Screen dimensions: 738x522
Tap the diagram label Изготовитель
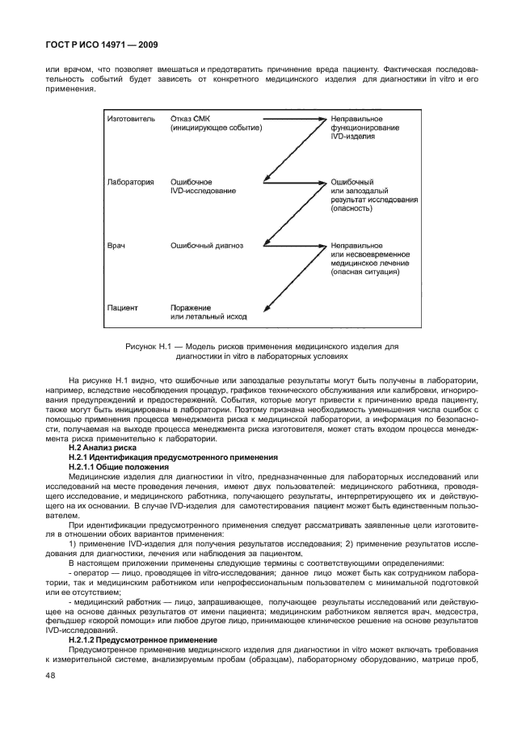130,119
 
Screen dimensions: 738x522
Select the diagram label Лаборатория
130,182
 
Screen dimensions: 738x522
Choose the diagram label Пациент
124,307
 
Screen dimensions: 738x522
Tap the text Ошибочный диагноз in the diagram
206,244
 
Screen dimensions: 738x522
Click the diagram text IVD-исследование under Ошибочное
203,191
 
